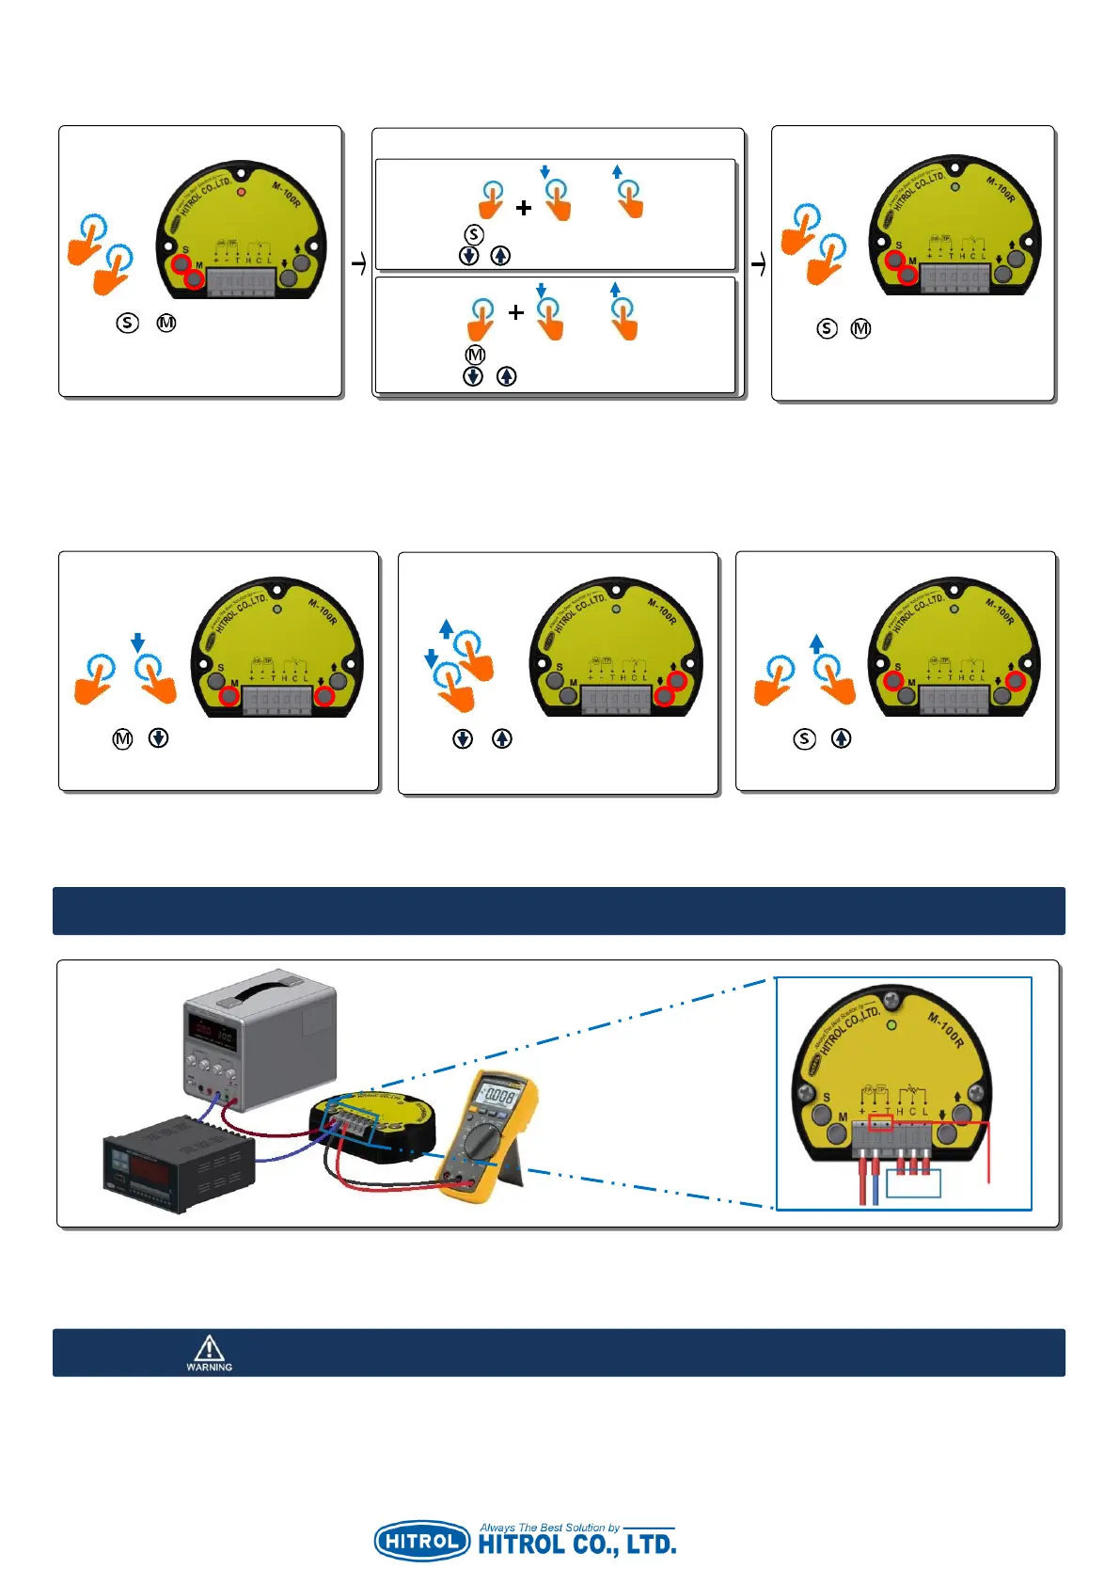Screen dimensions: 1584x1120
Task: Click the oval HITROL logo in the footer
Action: [x=422, y=1541]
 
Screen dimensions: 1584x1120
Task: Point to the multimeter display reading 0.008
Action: [x=497, y=1095]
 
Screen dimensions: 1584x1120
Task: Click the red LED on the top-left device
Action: [x=241, y=192]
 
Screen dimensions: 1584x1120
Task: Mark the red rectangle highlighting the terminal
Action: [x=880, y=1123]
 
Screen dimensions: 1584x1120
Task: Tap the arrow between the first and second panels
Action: [x=358, y=265]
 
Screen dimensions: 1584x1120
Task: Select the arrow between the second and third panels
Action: [x=758, y=265]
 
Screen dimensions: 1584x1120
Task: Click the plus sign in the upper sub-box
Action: [x=524, y=207]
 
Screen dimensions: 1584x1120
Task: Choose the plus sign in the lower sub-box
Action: [x=515, y=312]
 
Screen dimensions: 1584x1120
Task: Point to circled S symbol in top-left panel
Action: [x=127, y=323]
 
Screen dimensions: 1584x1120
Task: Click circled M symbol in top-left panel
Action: [x=166, y=323]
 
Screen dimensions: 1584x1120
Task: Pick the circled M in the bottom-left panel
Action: [x=122, y=738]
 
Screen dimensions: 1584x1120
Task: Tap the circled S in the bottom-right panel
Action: [x=804, y=738]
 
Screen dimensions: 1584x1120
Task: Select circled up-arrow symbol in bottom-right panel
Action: [x=841, y=738]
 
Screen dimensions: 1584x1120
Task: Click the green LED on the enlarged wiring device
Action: [x=891, y=1024]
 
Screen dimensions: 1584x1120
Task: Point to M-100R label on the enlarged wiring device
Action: [x=946, y=1030]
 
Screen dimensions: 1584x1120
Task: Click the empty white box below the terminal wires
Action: [x=913, y=1182]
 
